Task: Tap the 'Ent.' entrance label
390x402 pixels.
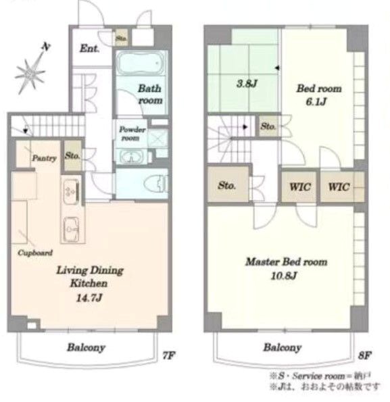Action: [x=89, y=49]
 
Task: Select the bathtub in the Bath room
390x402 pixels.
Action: [x=141, y=63]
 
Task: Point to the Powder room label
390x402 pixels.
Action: [x=132, y=133]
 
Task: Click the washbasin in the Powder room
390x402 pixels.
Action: [x=132, y=157]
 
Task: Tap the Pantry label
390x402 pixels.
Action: [x=44, y=158]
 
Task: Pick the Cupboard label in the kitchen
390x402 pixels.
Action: [x=35, y=253]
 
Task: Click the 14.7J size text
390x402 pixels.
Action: [x=89, y=298]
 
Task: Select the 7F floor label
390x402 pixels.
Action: [x=168, y=355]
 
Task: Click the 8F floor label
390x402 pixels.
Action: [x=364, y=355]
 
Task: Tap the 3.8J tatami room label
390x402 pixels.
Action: [x=247, y=83]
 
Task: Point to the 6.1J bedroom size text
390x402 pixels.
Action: [x=316, y=102]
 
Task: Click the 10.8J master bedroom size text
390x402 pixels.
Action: [x=284, y=276]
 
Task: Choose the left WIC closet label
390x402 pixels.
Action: [x=300, y=186]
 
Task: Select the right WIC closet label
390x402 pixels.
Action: [x=339, y=186]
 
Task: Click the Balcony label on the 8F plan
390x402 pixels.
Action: [x=283, y=348]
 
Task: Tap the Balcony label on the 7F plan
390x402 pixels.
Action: [x=86, y=348]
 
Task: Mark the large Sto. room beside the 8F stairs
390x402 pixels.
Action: [x=228, y=184]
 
